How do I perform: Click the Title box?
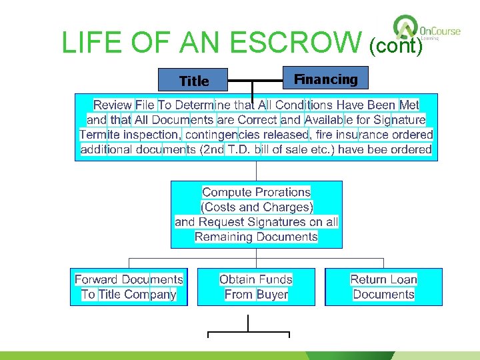193,81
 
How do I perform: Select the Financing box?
326,79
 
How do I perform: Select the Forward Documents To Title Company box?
129,287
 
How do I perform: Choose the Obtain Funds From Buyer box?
256,287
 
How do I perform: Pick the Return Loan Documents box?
383,287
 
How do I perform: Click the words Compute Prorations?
256,192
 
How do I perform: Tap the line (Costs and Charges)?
257,207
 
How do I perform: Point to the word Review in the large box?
113,105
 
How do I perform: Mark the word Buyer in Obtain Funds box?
272,294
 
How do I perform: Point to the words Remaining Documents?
256,236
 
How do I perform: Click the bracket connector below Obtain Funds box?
249,329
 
